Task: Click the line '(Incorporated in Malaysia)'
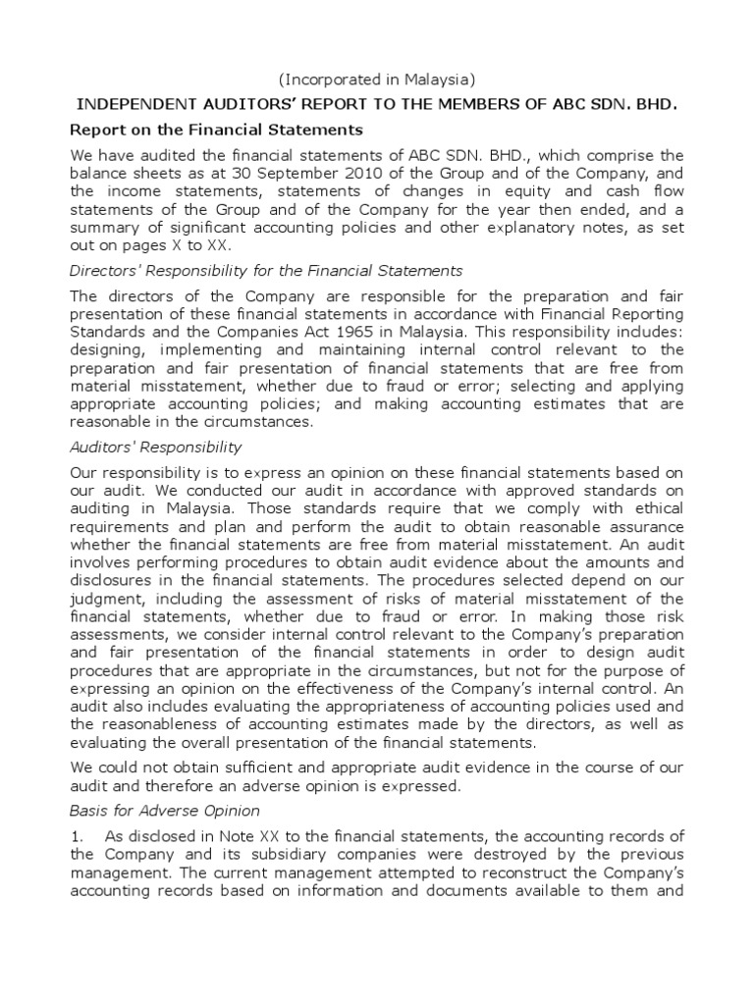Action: coord(376,79)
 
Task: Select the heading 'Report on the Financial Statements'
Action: coord(216,130)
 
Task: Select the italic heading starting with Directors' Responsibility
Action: coord(266,270)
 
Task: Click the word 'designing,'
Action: coord(109,348)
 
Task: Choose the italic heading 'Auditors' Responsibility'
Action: coord(156,447)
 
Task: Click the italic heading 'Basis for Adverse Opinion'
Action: coord(164,811)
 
